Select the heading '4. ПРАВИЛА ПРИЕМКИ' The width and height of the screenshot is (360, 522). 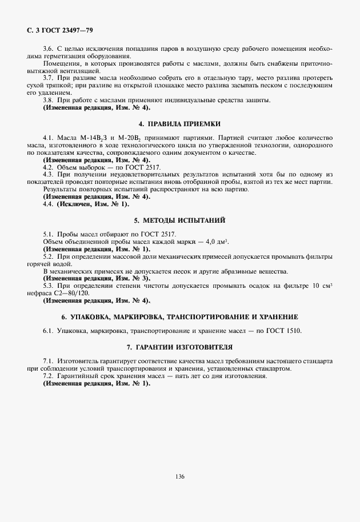coord(180,124)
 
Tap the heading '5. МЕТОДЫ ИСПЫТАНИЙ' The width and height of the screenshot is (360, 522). coord(180,220)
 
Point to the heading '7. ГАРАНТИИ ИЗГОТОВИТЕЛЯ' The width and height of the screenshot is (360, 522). coord(180,347)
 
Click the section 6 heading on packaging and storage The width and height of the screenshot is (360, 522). coord(180,316)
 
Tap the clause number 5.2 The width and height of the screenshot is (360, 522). coord(48,257)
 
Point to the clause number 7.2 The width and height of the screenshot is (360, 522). coord(48,376)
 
